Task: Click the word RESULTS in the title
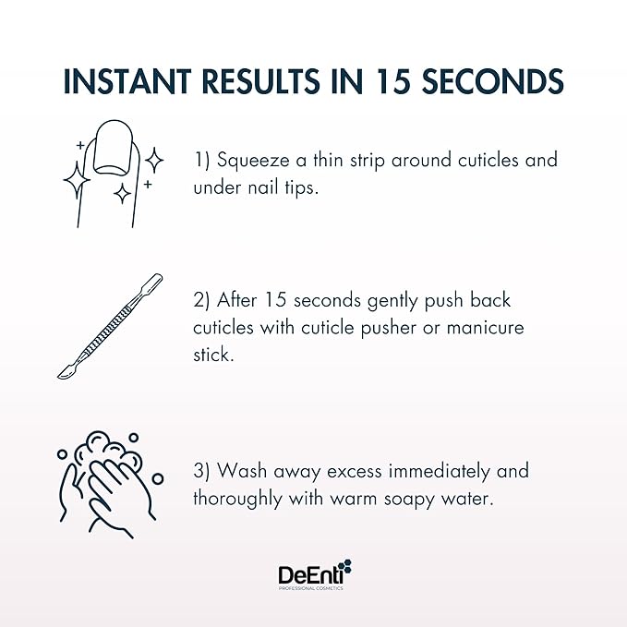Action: coord(274,81)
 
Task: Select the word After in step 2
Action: coord(236,302)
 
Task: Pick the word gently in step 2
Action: coord(396,302)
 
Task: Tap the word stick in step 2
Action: coord(214,354)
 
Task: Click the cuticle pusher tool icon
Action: coord(110,327)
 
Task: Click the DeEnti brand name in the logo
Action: coord(306,574)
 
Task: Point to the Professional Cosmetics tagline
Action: coord(311,589)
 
